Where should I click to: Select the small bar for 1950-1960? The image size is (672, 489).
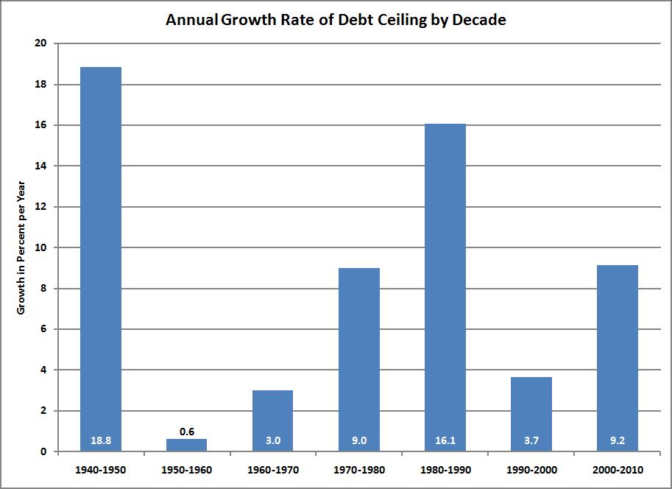point(186,445)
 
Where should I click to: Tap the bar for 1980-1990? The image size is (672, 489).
point(445,287)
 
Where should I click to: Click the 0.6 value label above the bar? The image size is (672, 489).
point(186,432)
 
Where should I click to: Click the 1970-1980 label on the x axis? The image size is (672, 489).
point(358,469)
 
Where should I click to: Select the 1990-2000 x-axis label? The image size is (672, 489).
point(531,469)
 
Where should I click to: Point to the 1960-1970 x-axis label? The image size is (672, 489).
point(272,469)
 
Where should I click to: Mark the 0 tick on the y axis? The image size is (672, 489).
point(43,451)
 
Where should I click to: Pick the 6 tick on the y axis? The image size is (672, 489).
point(43,329)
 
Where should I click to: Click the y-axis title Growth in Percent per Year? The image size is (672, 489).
point(21,247)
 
